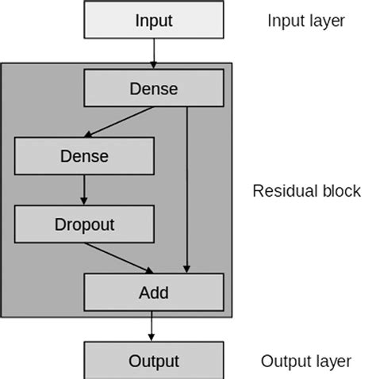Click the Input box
point(153,20)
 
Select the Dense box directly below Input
point(153,89)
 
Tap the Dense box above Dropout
point(84,156)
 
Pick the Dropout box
point(84,224)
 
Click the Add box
point(153,293)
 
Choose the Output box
point(153,361)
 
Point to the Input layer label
point(305,21)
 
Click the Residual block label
point(306,191)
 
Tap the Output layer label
point(305,362)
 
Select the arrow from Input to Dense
point(153,54)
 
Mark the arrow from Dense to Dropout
point(84,190)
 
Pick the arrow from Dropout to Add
point(119,258)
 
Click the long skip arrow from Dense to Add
point(188,190)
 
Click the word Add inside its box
point(153,293)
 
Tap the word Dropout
point(84,224)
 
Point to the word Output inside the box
point(153,361)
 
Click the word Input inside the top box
point(153,20)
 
